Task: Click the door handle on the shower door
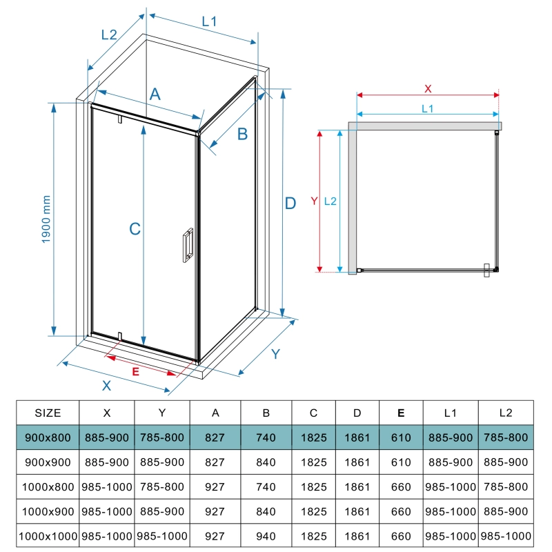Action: [188, 245]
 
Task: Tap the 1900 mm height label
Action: [46, 219]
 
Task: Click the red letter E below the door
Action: [135, 371]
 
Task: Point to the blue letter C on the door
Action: [135, 229]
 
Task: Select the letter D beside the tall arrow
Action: [290, 203]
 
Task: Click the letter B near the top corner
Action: [242, 134]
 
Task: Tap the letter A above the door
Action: [155, 95]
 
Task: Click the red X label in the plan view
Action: [428, 89]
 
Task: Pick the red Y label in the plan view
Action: [314, 201]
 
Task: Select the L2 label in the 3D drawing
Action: [109, 35]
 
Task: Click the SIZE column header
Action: [48, 413]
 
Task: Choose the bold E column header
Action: [401, 413]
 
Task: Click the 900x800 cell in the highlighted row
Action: [48, 437]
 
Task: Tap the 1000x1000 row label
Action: [48, 536]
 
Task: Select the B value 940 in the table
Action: [266, 536]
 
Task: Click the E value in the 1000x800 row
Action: [401, 487]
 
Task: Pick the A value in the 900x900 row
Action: [215, 462]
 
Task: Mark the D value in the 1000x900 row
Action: [357, 511]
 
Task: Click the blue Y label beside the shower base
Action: [275, 354]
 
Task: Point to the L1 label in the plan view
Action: [427, 109]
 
